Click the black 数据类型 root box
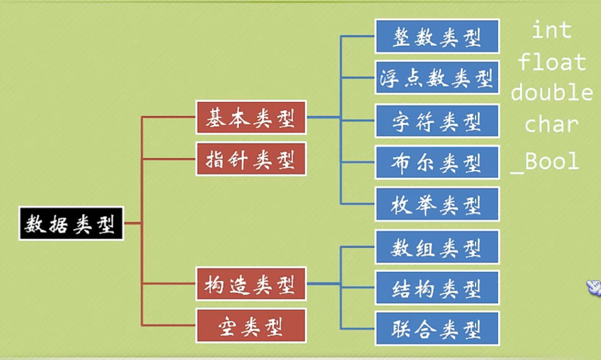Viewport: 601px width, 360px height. pyautogui.click(x=71, y=224)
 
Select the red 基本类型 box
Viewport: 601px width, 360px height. pyautogui.click(x=251, y=118)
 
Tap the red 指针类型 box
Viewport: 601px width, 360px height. pyautogui.click(x=251, y=159)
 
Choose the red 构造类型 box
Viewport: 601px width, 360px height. pyautogui.click(x=251, y=284)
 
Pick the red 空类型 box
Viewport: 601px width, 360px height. pyautogui.click(x=251, y=326)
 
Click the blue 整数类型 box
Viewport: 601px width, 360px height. pyautogui.click(x=437, y=36)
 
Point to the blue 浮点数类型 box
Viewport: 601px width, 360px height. pyautogui.click(x=437, y=78)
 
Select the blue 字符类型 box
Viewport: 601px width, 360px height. pyautogui.click(x=437, y=121)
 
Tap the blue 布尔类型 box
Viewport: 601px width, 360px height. pyautogui.click(x=437, y=162)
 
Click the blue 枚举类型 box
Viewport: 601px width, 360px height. pyautogui.click(x=437, y=204)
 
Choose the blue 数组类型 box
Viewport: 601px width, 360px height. pyautogui.click(x=437, y=247)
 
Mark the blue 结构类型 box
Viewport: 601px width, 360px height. pyautogui.click(x=437, y=288)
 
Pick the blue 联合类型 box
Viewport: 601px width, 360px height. pyautogui.click(x=437, y=329)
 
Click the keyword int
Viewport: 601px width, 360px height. pyautogui.click(x=551, y=31)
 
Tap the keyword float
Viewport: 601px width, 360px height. pyautogui.click(x=552, y=62)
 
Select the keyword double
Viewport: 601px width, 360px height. pyautogui.click(x=552, y=93)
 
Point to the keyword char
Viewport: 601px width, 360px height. pyautogui.click(x=551, y=124)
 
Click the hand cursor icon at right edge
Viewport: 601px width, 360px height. pyautogui.click(x=594, y=287)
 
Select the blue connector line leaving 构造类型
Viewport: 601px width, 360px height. pyautogui.click(x=323, y=284)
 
